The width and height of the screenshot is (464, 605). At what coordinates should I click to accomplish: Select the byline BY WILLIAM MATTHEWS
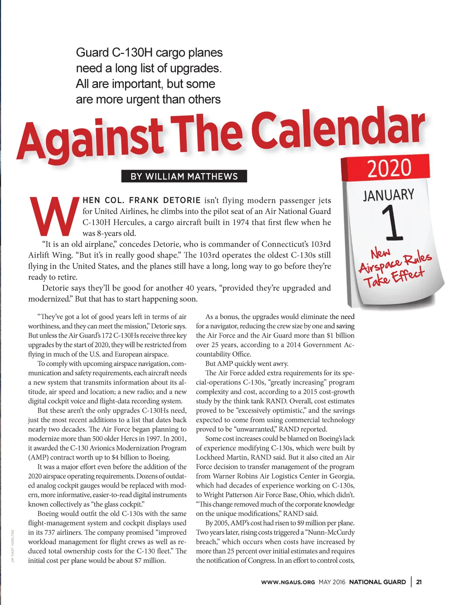184,176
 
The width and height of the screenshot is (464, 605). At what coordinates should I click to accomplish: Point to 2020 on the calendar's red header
389,167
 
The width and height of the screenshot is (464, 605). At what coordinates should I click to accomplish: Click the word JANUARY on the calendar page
388,195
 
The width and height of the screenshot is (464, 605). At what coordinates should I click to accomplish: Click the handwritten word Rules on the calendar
417,259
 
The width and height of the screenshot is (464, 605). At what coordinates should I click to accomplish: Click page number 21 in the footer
419,582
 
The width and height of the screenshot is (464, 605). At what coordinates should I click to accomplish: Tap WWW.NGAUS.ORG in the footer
288,582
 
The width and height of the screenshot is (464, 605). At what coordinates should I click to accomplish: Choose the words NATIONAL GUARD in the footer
377,582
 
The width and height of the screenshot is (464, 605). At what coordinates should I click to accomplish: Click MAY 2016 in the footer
332,582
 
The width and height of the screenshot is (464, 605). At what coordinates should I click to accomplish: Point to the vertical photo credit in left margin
14,546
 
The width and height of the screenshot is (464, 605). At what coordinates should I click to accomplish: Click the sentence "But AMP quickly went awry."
246,364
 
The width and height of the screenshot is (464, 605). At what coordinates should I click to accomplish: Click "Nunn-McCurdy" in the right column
332,532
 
